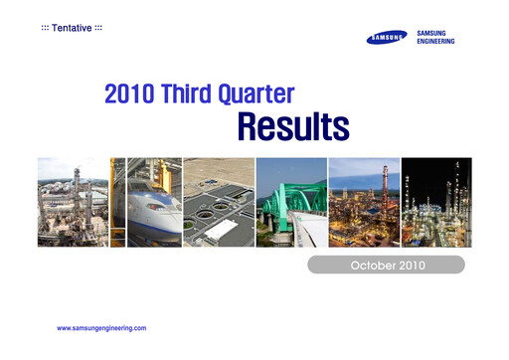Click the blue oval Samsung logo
click(x=387, y=38)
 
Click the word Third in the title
click(x=193, y=95)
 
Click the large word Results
click(x=292, y=126)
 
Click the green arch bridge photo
click(x=290, y=203)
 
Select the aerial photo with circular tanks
click(x=219, y=203)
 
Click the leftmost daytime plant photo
click(x=73, y=203)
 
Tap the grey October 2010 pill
click(x=385, y=265)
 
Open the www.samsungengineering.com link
click(x=102, y=327)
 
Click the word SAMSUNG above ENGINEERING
click(x=436, y=33)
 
